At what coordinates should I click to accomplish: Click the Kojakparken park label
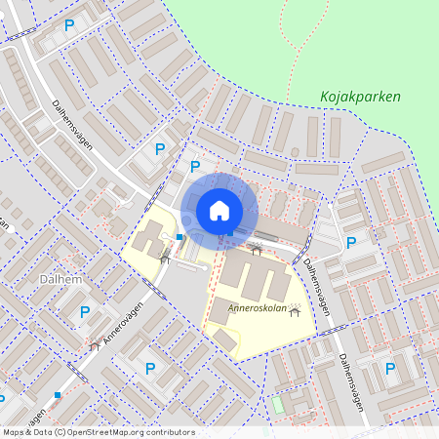(360, 98)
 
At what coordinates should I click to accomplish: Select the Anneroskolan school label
(257, 308)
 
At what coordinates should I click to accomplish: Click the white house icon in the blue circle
(219, 210)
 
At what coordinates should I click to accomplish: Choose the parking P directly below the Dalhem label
(85, 312)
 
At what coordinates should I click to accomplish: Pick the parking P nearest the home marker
(194, 167)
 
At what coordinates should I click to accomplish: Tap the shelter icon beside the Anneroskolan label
(294, 308)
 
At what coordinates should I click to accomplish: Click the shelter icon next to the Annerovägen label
(94, 345)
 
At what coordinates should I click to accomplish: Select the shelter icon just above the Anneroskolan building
(257, 251)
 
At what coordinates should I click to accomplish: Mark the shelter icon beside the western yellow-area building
(165, 258)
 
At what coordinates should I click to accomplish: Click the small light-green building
(277, 403)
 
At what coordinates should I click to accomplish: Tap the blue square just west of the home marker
(180, 237)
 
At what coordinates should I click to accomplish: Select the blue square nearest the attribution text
(59, 395)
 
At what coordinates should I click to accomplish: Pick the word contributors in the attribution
(171, 432)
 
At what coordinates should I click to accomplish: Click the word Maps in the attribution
(14, 432)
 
